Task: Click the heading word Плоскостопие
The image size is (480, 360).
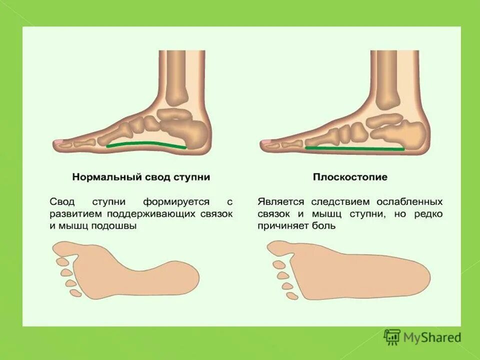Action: pyautogui.click(x=350, y=177)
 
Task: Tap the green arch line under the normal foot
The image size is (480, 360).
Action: pyautogui.click(x=145, y=144)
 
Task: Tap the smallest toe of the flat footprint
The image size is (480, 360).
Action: pyautogui.click(x=292, y=295)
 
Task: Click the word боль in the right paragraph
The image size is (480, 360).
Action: pyautogui.click(x=325, y=225)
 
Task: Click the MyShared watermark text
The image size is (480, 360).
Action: pyautogui.click(x=432, y=337)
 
